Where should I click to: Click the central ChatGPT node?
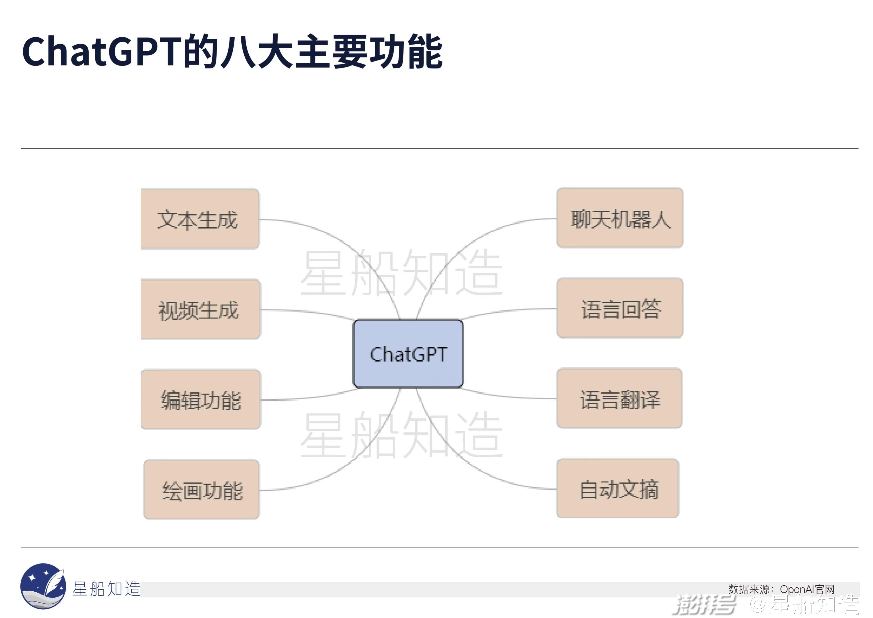coord(408,354)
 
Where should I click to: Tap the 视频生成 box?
coord(200,309)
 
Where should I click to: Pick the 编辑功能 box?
coord(201,400)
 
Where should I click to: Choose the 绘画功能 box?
coord(202,490)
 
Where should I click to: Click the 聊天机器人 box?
coord(620,218)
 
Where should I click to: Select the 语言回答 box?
coord(620,308)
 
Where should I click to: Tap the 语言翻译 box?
coord(619,398)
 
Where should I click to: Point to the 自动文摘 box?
coord(618,489)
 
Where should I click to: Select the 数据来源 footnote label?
coord(749,589)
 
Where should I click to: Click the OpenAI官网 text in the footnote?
coord(807,589)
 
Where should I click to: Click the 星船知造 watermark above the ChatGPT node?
coord(401,273)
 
